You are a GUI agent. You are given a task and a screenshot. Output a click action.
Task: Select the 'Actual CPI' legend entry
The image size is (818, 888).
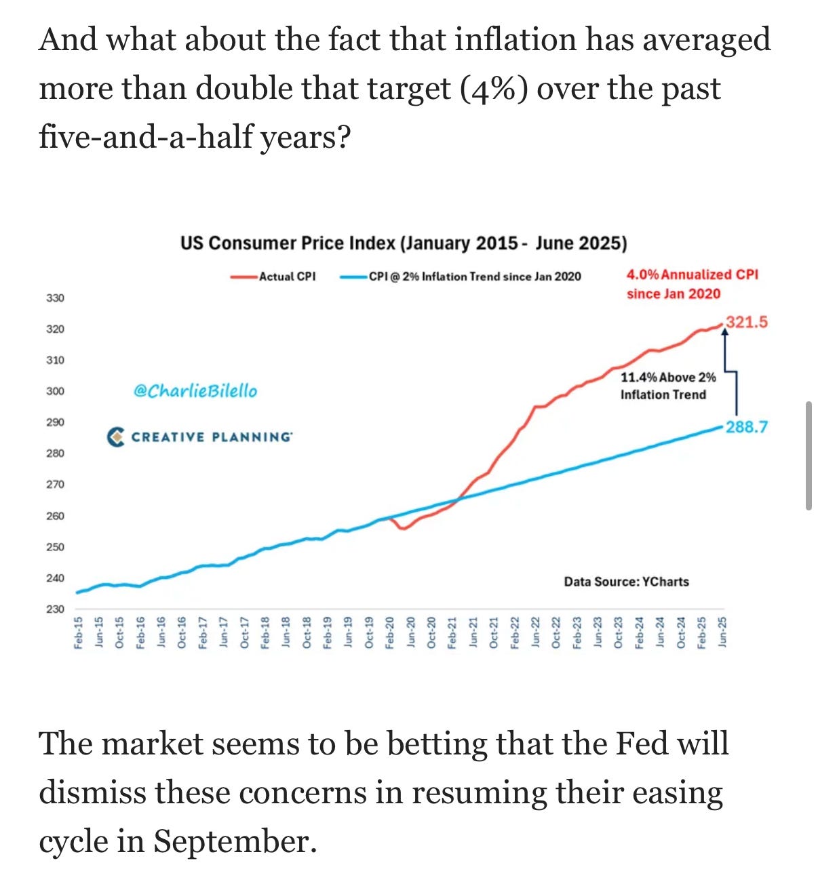(287, 277)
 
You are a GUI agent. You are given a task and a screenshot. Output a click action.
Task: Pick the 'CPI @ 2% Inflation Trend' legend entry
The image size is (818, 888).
(474, 277)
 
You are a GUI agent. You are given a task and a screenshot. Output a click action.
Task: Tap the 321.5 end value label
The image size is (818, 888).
(747, 322)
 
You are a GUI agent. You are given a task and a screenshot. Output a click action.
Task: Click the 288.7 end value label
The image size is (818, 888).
(747, 427)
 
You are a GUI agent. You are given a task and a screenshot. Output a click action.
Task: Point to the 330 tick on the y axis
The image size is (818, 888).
(55, 298)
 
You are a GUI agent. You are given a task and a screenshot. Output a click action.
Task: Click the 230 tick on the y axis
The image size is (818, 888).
(55, 609)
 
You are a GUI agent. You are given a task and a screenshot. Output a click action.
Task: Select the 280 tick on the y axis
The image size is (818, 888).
(55, 453)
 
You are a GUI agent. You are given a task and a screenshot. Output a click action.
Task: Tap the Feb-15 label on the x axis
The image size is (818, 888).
(79, 632)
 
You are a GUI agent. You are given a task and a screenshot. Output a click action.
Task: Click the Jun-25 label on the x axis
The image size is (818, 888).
(722, 632)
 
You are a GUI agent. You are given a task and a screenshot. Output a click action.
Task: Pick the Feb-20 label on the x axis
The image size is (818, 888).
(390, 632)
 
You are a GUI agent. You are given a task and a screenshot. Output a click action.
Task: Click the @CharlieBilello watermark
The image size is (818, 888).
(195, 391)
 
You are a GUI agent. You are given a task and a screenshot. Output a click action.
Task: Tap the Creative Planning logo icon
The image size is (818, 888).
(116, 437)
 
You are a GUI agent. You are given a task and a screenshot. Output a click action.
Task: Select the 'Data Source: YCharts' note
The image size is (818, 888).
(626, 582)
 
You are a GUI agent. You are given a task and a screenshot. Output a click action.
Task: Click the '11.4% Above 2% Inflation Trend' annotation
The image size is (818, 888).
(667, 386)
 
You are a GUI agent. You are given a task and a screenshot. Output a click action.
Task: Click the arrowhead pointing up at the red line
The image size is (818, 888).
(724, 332)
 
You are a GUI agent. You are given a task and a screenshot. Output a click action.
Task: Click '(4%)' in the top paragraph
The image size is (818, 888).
(494, 89)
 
